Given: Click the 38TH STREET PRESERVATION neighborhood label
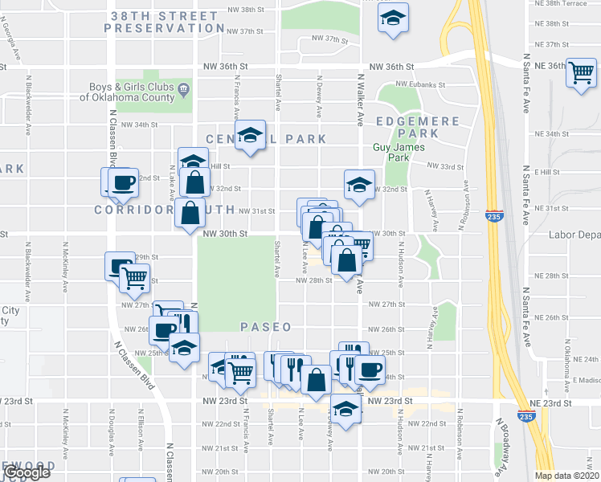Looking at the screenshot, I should pos(164,22).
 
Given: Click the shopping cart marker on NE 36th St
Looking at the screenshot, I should pos(580,74).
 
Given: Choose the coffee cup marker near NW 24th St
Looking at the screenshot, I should pos(369,370).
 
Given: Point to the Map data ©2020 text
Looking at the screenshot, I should pos(567,476).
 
